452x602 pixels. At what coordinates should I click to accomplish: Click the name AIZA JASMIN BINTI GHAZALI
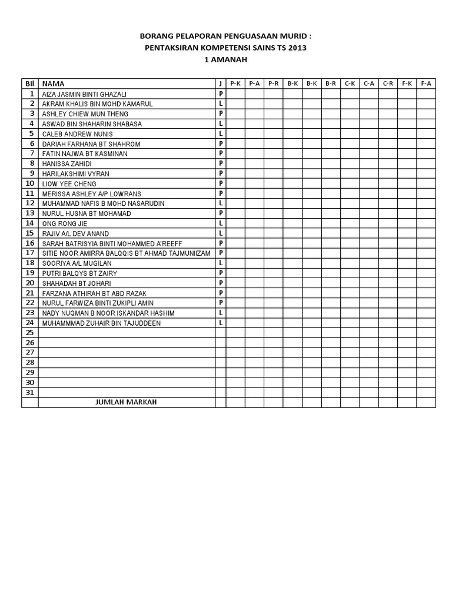click(x=84, y=94)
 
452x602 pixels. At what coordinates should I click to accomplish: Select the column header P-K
click(x=235, y=83)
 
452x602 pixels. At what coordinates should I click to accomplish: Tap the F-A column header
click(x=426, y=83)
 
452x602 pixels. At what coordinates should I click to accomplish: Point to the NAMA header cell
click(x=54, y=83)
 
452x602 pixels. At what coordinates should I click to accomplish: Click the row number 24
click(x=30, y=323)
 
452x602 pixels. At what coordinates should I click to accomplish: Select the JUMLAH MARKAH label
click(x=126, y=402)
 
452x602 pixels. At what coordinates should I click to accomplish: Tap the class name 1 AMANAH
click(x=225, y=59)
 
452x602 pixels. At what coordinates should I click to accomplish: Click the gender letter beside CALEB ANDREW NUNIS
click(x=221, y=133)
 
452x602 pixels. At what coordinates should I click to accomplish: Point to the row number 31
click(x=30, y=392)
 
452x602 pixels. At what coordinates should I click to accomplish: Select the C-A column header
click(x=369, y=83)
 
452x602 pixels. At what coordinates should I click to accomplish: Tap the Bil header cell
click(x=30, y=83)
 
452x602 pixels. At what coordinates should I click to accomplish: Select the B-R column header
click(x=331, y=83)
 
